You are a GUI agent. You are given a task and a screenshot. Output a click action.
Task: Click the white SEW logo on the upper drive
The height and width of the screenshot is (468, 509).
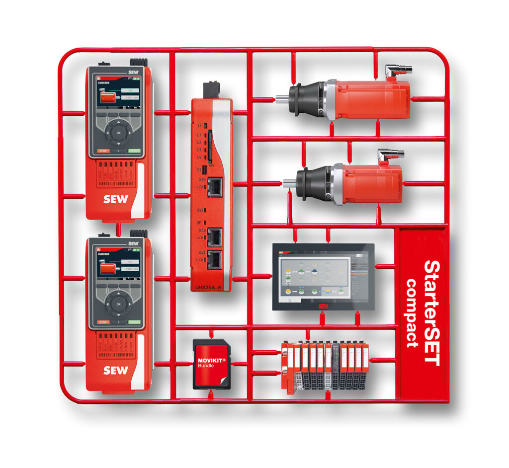click(x=115, y=199)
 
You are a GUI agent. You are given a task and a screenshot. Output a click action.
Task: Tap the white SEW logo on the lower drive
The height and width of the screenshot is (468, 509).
click(x=115, y=370)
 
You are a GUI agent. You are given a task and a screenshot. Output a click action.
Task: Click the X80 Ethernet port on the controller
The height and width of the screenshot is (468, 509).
click(x=215, y=187)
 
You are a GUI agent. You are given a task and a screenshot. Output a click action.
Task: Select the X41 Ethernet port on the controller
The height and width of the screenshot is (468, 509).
click(x=215, y=260)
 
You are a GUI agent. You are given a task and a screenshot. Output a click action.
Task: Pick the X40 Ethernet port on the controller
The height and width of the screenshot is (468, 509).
click(x=215, y=237)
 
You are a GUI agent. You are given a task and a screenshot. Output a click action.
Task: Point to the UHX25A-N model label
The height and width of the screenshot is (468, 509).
click(x=208, y=287)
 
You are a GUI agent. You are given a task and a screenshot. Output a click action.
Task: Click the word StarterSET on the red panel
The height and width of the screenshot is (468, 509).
click(x=431, y=313)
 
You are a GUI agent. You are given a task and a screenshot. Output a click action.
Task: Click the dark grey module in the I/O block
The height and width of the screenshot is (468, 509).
click(x=336, y=365)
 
